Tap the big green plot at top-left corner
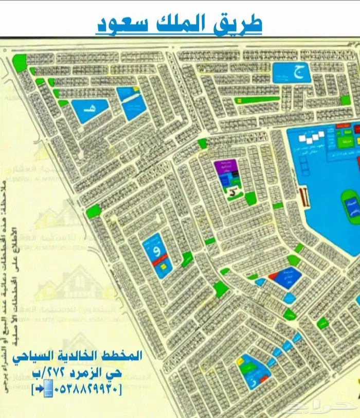20,62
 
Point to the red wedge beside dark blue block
273,276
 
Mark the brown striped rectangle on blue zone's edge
303,196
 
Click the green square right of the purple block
250,199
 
